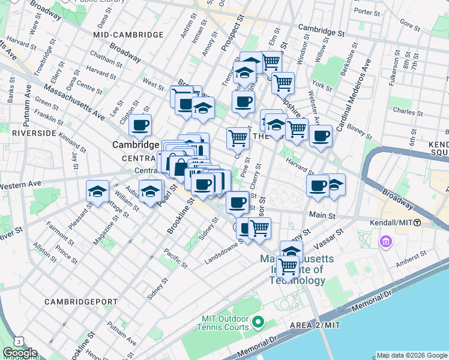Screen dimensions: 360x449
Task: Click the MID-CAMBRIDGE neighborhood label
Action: tap(128, 35)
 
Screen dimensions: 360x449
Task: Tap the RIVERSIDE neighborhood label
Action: tap(34, 133)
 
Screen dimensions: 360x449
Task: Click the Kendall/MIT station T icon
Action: tap(417, 223)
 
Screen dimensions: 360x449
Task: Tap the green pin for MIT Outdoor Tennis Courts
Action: tap(259, 323)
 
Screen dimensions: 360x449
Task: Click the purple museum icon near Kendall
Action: tap(385, 242)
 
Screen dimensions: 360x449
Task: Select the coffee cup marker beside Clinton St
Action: tap(140, 125)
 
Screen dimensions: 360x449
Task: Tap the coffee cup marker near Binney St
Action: tap(321, 136)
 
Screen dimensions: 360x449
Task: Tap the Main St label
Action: tap(321, 214)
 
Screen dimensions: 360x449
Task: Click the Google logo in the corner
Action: tap(20, 353)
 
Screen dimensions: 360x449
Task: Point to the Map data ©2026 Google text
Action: tap(412, 355)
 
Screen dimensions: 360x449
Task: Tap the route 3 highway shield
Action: tap(20, 341)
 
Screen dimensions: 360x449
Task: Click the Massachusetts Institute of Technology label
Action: tap(292, 270)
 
